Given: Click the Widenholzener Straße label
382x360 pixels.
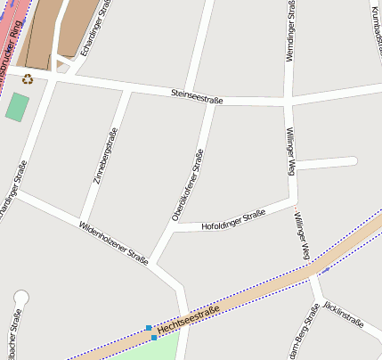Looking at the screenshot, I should (x=113, y=242).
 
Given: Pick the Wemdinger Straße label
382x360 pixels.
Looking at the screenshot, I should (x=291, y=32).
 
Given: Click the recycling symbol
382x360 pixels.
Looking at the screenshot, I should (x=28, y=78).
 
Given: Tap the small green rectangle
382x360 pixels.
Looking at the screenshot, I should (x=16, y=107).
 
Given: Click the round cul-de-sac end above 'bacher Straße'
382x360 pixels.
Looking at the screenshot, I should (x=21, y=298).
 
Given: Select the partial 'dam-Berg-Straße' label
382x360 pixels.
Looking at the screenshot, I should (x=304, y=333).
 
